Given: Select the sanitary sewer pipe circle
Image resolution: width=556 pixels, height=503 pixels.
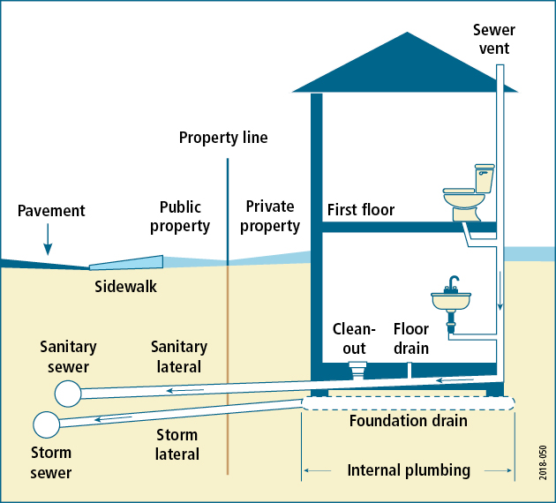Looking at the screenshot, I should pos(66,391).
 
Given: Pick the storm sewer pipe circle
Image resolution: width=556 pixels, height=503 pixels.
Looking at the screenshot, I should pos(46,424).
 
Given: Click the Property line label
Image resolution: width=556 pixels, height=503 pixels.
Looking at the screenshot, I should pos(223,138).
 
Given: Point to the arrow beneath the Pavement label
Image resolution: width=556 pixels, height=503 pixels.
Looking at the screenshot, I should pos(49,238).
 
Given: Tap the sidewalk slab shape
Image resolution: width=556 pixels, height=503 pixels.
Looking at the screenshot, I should pos(127,262).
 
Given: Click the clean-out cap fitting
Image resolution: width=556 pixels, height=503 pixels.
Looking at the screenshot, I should pos(357,366).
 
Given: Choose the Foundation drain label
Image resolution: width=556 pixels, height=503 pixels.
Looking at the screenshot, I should pos(408,421).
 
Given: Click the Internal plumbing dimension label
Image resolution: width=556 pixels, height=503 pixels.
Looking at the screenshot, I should pos(409,470).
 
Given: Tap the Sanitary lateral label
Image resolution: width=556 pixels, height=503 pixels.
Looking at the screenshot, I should pos(179,357).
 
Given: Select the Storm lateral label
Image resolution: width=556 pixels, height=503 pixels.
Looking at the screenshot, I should pos(177,445).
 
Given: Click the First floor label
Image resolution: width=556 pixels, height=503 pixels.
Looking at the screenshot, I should pos(360,210).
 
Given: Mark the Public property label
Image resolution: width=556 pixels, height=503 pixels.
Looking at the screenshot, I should pos(184,216).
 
